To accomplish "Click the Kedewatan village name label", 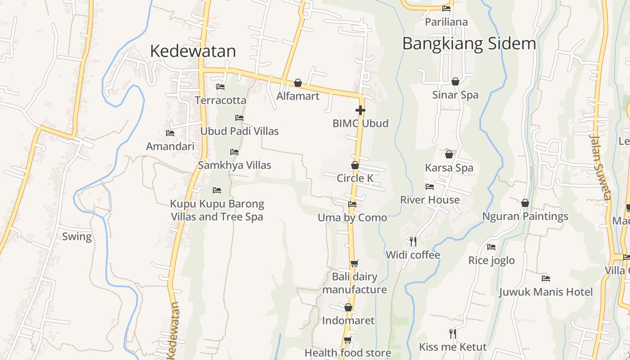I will point(193,51).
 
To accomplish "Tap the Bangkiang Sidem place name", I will point(469,44).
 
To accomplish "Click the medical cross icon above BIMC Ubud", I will point(360,110).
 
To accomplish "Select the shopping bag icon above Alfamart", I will point(297,83).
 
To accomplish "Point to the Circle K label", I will point(355,178).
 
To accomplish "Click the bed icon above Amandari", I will point(170,133).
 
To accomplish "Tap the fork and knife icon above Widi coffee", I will point(413,242).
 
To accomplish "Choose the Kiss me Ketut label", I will point(453,347).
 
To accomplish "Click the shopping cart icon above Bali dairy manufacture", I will point(355,263).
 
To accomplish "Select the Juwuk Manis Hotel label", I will point(545,292).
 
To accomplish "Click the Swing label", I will point(76,237).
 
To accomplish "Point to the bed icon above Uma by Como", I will point(352,204).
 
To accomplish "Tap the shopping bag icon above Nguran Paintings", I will point(525,203).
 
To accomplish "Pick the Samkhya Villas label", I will point(234,165).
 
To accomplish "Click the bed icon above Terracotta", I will point(220,87).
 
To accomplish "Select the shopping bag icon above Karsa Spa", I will point(449,154).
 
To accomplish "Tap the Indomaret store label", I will point(348,321).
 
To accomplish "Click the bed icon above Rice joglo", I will point(491,247).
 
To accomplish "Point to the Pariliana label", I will point(446,22).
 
